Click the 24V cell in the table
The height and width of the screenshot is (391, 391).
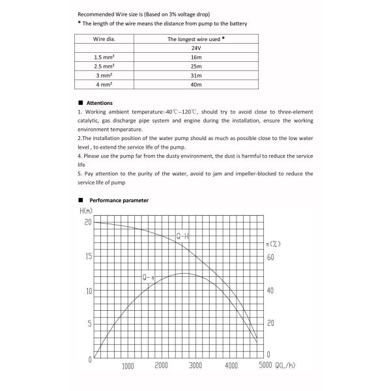(x=196, y=48)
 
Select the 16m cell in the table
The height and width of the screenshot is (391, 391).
(x=196, y=57)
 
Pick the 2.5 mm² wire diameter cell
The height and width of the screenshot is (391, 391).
(x=104, y=66)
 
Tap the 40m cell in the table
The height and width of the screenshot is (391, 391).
(x=196, y=85)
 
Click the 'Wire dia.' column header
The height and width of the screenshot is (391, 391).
(x=104, y=39)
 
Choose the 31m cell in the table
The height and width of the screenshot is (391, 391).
(x=196, y=76)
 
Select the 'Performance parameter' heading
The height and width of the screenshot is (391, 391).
(x=119, y=200)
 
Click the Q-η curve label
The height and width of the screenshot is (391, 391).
(x=149, y=278)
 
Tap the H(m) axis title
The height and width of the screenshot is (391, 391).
(x=86, y=210)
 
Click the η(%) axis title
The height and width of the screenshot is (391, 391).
(x=273, y=244)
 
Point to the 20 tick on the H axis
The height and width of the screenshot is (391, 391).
(x=88, y=222)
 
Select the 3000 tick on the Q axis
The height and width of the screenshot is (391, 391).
(x=195, y=366)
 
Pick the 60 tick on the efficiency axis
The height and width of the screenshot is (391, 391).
(x=270, y=257)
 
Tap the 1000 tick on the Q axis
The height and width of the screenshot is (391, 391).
(x=127, y=366)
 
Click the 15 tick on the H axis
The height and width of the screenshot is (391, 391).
(x=88, y=256)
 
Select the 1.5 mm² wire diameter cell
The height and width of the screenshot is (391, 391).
(x=104, y=57)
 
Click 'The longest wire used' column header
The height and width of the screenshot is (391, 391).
(x=196, y=39)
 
